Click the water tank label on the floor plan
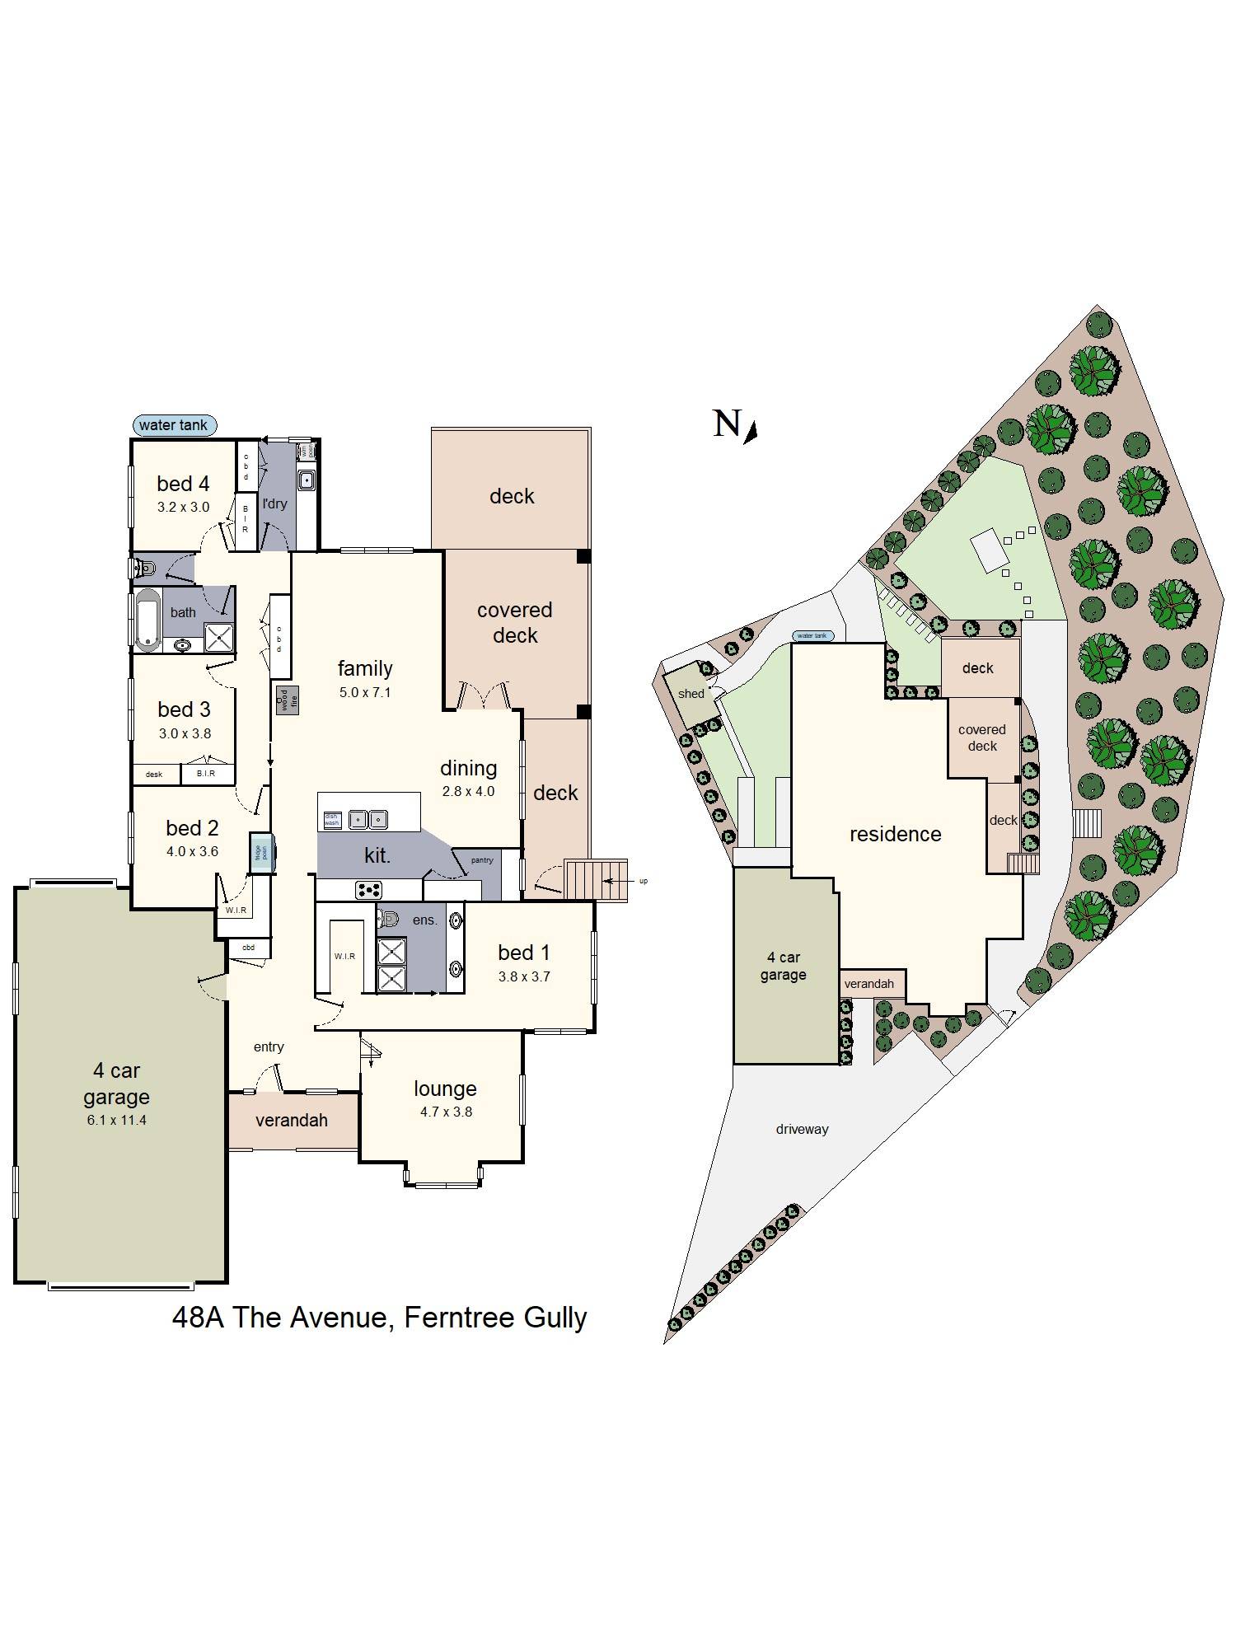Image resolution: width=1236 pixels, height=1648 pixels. click(x=174, y=425)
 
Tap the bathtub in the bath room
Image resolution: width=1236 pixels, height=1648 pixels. click(x=148, y=619)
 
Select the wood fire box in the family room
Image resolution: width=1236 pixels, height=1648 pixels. click(x=287, y=700)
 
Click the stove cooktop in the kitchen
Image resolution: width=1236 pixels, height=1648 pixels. click(x=368, y=890)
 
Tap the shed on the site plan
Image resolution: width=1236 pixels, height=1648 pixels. click(x=691, y=694)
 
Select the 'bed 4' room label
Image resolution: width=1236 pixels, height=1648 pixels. click(x=183, y=484)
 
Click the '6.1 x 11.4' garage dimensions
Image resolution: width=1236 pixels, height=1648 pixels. click(x=116, y=1120)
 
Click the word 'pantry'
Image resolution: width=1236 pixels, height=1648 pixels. click(x=482, y=860)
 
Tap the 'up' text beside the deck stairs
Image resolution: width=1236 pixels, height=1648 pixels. click(x=644, y=881)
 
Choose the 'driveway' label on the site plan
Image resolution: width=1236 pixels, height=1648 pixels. click(x=802, y=1129)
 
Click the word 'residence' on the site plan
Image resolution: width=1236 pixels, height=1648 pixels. click(x=895, y=834)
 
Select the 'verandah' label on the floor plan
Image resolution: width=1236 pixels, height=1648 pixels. click(x=292, y=1120)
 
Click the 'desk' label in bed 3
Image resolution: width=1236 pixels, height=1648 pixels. click(x=154, y=775)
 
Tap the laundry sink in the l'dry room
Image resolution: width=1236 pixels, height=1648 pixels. click(x=307, y=479)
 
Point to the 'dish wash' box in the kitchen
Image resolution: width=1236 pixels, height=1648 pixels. click(x=331, y=819)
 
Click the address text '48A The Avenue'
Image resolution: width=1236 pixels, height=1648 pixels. click(x=279, y=1317)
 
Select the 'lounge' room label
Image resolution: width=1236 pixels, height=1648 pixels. click(x=445, y=1089)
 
